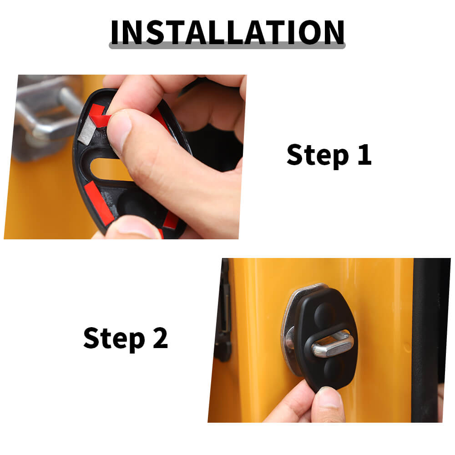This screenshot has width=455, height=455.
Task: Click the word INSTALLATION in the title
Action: (x=227, y=32)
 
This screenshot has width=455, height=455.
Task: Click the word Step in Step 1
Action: (x=318, y=155)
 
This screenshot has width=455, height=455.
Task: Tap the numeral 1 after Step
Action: (x=365, y=154)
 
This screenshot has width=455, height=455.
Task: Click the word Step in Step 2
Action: (x=114, y=339)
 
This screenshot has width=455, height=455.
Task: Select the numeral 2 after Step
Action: (x=160, y=338)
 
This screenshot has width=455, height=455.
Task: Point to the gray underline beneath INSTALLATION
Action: (x=227, y=45)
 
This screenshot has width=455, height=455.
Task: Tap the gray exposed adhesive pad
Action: (x=87, y=132)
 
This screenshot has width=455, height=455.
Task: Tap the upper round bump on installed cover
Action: (x=324, y=314)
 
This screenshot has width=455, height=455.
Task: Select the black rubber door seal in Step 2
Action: (x=427, y=339)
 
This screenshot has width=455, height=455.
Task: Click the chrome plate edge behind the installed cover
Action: (x=289, y=328)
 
